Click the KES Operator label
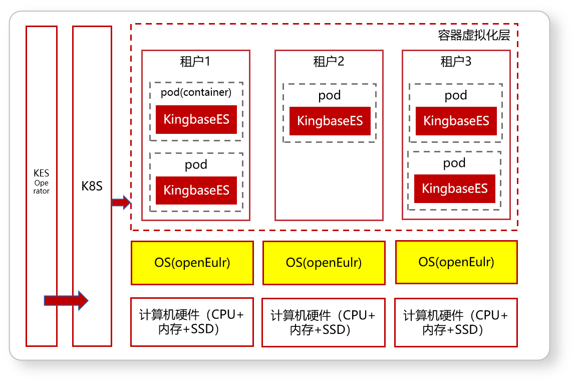42,181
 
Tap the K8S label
92,186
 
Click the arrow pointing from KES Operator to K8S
66,301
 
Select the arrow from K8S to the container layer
121,203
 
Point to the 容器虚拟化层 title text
474,35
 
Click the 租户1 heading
195,61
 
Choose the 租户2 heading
329,61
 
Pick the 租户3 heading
456,61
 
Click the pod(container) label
196,92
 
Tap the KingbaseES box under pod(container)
196,119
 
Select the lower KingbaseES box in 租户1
196,190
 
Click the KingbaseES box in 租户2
330,121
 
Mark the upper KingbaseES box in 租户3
456,121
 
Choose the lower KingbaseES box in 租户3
455,188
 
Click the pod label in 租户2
329,95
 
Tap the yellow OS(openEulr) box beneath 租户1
192,263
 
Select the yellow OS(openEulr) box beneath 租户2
324,263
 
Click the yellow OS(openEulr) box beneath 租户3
456,262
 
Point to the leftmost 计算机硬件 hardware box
192,322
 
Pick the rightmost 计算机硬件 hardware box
456,322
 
